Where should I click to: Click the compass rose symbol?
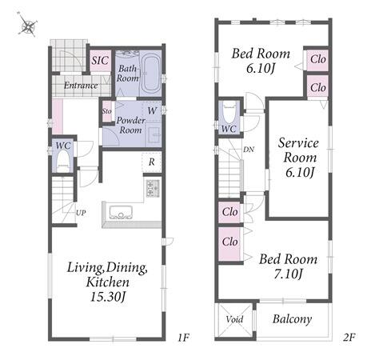(x=27, y=26)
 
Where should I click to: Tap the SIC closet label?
(x=100, y=61)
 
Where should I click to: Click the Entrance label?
(x=81, y=86)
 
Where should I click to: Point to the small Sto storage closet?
(x=107, y=111)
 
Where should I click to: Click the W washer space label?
(x=152, y=110)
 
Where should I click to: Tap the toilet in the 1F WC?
(x=63, y=161)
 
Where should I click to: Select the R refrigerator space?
(x=152, y=162)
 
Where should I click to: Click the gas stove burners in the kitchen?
(x=153, y=188)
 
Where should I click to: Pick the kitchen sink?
(x=121, y=212)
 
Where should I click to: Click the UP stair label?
(x=81, y=213)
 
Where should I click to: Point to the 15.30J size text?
(x=108, y=297)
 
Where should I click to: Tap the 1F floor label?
(x=183, y=338)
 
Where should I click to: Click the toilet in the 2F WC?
(x=229, y=114)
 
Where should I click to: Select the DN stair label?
(x=249, y=150)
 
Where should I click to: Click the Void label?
(x=234, y=319)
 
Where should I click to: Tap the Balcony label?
(x=292, y=319)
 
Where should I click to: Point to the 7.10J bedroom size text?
(x=288, y=274)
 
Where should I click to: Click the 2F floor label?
(x=349, y=338)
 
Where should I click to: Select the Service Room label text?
(x=299, y=150)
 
